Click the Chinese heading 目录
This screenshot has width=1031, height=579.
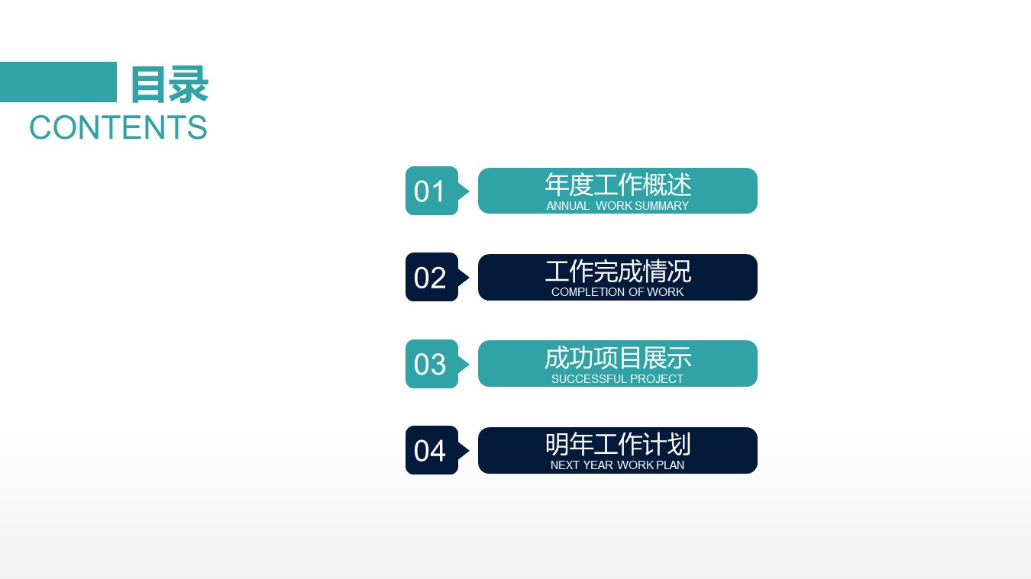(169, 84)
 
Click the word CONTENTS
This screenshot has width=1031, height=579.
(118, 127)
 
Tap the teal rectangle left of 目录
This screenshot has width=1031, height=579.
(58, 82)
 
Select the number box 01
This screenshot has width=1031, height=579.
(431, 191)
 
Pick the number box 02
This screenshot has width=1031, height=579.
(431, 277)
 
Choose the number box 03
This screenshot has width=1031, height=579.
(431, 364)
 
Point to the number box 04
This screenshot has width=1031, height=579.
(431, 450)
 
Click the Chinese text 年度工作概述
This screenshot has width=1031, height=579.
(618, 185)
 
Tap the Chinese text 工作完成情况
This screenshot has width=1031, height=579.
(618, 271)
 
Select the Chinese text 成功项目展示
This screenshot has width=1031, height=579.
(618, 357)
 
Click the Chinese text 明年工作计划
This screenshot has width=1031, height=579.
(618, 444)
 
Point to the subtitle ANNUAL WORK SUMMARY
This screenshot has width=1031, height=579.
(618, 206)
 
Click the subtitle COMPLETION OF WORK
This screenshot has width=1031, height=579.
(618, 292)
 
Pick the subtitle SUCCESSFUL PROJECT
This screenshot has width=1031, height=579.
(618, 379)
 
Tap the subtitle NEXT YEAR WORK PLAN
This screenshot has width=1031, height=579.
(618, 465)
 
